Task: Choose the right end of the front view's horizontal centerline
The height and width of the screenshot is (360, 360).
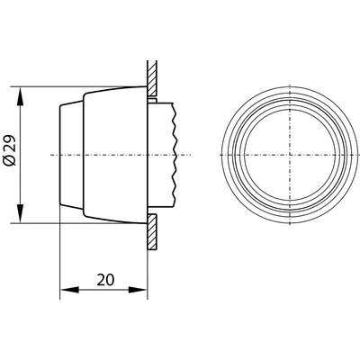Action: (357, 155)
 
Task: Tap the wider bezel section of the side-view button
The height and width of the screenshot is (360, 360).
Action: (112, 155)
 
